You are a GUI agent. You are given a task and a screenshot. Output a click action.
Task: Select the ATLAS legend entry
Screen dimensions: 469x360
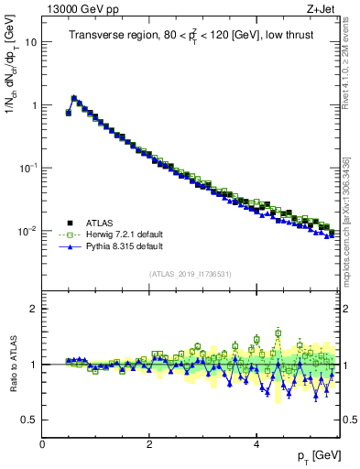(101, 223)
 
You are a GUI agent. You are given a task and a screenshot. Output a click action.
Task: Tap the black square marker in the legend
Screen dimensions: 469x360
(70, 223)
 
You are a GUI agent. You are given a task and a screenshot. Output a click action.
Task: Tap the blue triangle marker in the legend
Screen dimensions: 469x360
(70, 246)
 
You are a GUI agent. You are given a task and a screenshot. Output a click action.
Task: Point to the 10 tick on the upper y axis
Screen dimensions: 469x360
(32, 42)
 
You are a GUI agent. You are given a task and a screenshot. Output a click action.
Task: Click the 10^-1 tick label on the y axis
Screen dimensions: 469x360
(28, 168)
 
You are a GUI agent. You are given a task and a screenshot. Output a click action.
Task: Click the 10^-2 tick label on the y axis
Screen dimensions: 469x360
(28, 231)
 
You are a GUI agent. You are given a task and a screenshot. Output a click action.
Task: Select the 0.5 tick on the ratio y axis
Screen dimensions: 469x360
(30, 420)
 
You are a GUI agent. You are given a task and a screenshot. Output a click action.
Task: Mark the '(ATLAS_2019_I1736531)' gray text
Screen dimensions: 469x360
(191, 273)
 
